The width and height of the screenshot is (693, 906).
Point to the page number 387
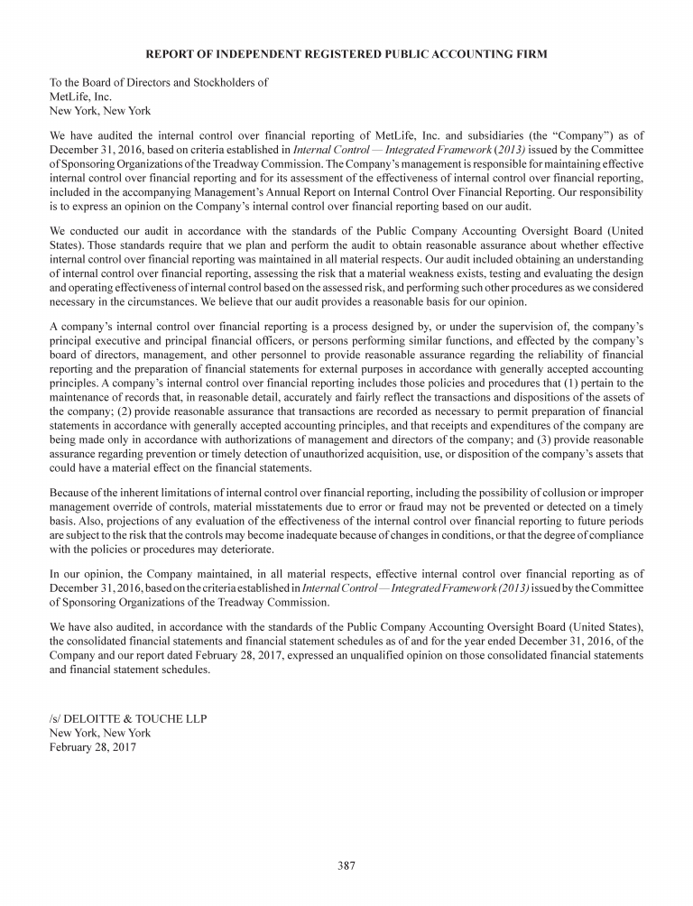tap(346, 866)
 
